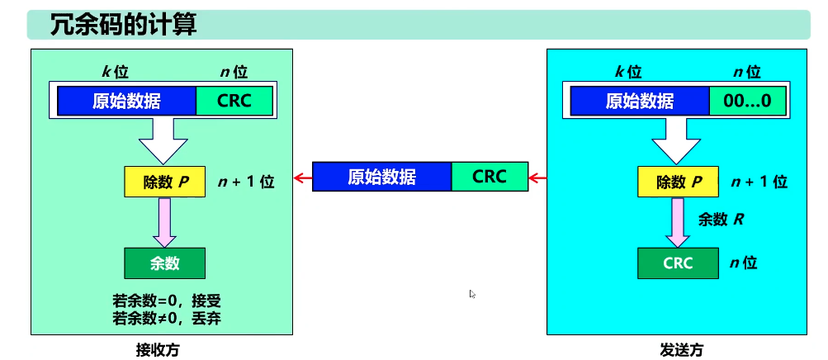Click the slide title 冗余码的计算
(124, 24)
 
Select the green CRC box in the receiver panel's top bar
(234, 101)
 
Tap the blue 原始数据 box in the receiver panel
(126, 101)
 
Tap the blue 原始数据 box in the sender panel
(640, 101)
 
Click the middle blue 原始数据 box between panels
(381, 177)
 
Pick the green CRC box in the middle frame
(490, 177)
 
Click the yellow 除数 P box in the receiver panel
(164, 182)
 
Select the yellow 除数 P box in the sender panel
(678, 182)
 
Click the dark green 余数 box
(164, 263)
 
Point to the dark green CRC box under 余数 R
(678, 263)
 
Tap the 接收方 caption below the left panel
(157, 348)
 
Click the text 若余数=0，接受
(166, 300)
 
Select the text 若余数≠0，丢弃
(166, 317)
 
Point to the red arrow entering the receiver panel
(303, 177)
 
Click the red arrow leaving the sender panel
(537, 177)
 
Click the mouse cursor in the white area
(472, 294)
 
